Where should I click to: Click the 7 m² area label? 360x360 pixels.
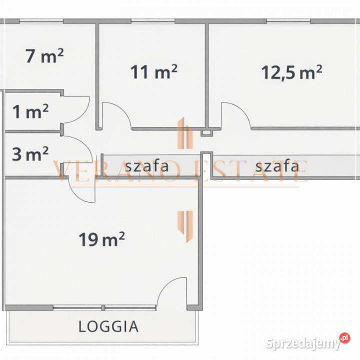coord(44,56)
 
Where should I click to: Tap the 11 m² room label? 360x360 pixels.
coord(154,72)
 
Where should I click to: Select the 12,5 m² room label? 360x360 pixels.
coord(291,72)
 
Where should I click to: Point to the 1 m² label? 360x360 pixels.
coord(30,112)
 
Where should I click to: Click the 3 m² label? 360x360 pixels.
coord(30,154)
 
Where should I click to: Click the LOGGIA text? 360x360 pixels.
coord(108,326)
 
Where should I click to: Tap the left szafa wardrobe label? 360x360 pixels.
coord(147,165)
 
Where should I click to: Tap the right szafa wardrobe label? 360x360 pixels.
coord(277,165)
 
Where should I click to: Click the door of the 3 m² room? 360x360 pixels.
coord(79,147)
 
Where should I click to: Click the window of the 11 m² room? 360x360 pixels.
coord(152,21)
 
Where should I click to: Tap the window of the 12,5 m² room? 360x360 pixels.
coord(288,21)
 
